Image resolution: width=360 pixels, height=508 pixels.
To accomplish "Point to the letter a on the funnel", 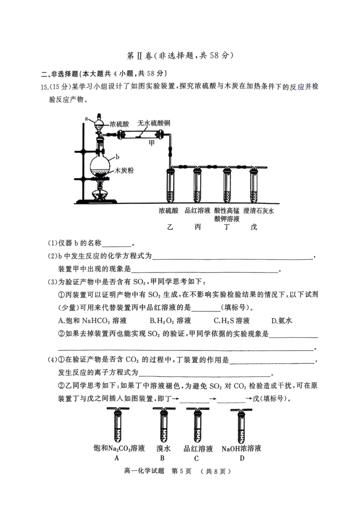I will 86,118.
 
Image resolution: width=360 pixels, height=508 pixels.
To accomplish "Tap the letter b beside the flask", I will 117,157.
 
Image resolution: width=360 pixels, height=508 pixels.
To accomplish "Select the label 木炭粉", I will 124,171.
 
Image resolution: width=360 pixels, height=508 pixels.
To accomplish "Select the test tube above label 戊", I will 255,185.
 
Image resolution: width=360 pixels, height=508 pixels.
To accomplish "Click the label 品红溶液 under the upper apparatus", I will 198,210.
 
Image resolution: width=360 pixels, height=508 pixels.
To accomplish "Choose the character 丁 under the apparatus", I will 226,227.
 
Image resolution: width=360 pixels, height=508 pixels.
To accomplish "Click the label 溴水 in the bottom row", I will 163,449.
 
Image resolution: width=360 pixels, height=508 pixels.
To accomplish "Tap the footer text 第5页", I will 182,472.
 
